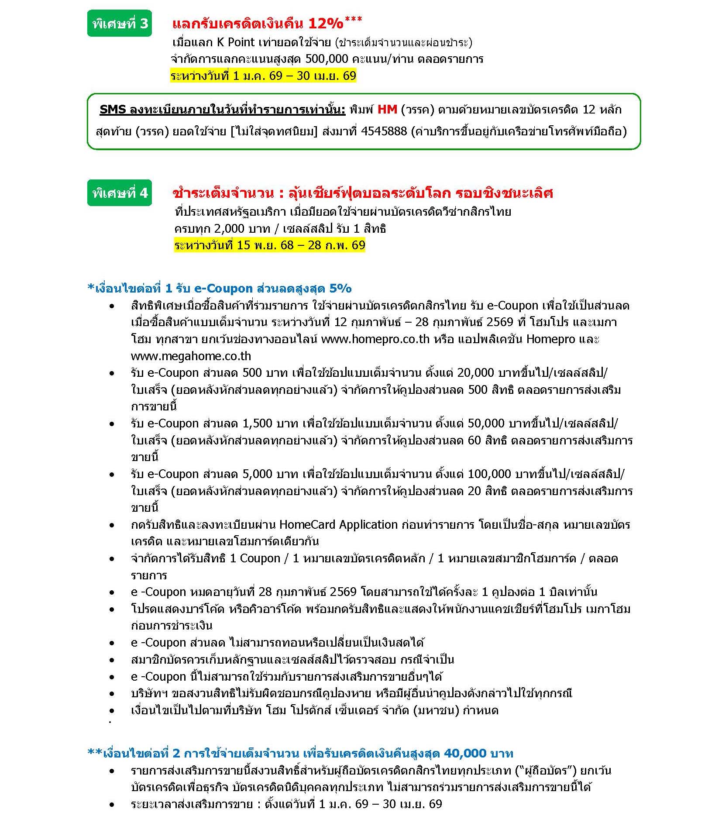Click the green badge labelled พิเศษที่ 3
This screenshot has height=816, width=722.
click(120, 23)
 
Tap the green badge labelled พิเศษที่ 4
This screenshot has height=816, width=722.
click(120, 193)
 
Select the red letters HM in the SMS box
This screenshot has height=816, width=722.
click(387, 109)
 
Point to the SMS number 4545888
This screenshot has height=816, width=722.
click(384, 131)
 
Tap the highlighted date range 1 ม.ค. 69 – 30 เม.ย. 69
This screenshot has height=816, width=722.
click(263, 76)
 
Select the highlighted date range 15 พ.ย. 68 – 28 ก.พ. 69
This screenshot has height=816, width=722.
click(269, 245)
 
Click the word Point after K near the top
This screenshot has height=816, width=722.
click(241, 42)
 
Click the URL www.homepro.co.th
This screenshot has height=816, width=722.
click(375, 339)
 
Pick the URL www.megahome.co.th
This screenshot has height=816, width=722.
click(191, 356)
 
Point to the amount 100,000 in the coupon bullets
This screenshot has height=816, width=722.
click(489, 474)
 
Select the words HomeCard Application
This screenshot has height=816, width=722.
click(338, 525)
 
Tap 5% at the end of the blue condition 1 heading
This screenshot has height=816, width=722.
click(340, 288)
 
